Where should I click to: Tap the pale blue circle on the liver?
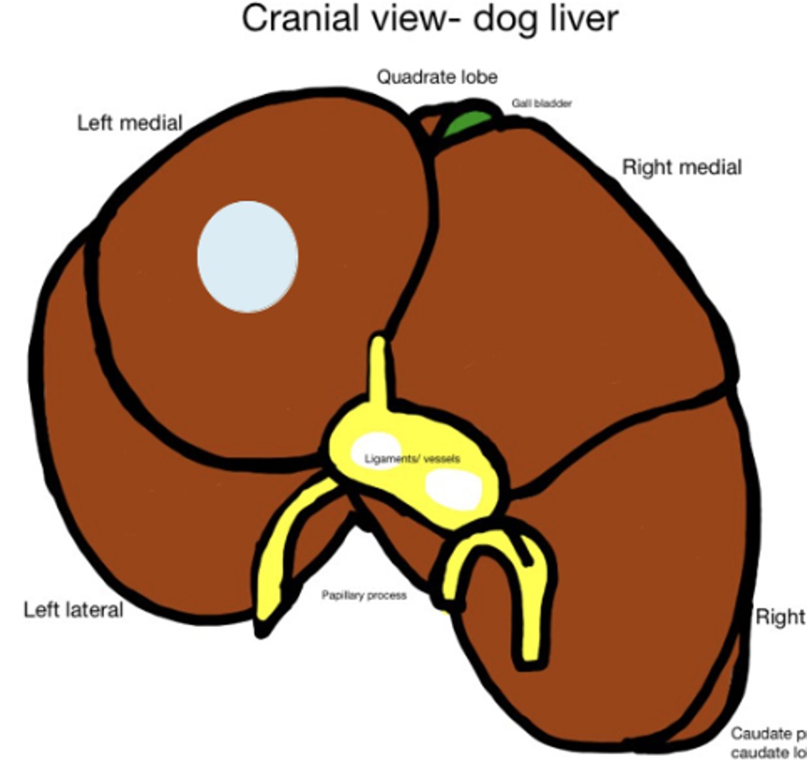pos(248,256)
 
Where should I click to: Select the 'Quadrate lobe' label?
pos(436,77)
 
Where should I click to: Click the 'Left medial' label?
pos(129,122)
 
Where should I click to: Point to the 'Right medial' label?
pos(682,167)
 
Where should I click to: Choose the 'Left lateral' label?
pos(73,610)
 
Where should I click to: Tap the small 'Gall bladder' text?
pos(542,103)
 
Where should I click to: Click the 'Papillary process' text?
pos(364,595)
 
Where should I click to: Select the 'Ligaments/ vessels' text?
pos(412,459)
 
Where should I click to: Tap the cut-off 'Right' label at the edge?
pos(780,616)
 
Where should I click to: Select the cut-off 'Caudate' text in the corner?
pos(768,733)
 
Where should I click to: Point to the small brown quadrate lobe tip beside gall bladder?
pos(429,125)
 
